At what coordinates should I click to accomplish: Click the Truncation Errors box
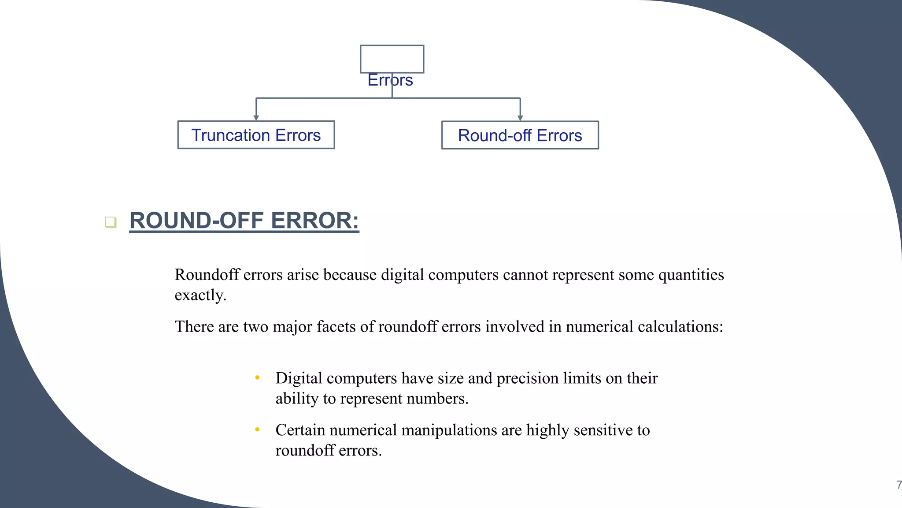click(256, 135)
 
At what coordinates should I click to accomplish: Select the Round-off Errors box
click(520, 135)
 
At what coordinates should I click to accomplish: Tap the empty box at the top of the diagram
click(392, 59)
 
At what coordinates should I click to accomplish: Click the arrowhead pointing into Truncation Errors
click(256, 118)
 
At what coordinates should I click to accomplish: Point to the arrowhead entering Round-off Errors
click(520, 118)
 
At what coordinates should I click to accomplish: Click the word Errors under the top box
click(390, 80)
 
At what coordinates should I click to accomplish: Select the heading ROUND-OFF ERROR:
click(244, 220)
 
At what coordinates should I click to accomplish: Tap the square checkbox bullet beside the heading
click(111, 222)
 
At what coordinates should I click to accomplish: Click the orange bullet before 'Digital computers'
click(257, 377)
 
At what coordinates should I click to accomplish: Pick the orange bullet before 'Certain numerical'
click(257, 430)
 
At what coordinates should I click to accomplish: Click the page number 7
click(898, 485)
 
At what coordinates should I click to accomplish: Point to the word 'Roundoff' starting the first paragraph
click(207, 275)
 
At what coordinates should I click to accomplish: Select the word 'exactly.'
click(200, 295)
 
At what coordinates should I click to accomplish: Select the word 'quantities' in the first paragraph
click(691, 275)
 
